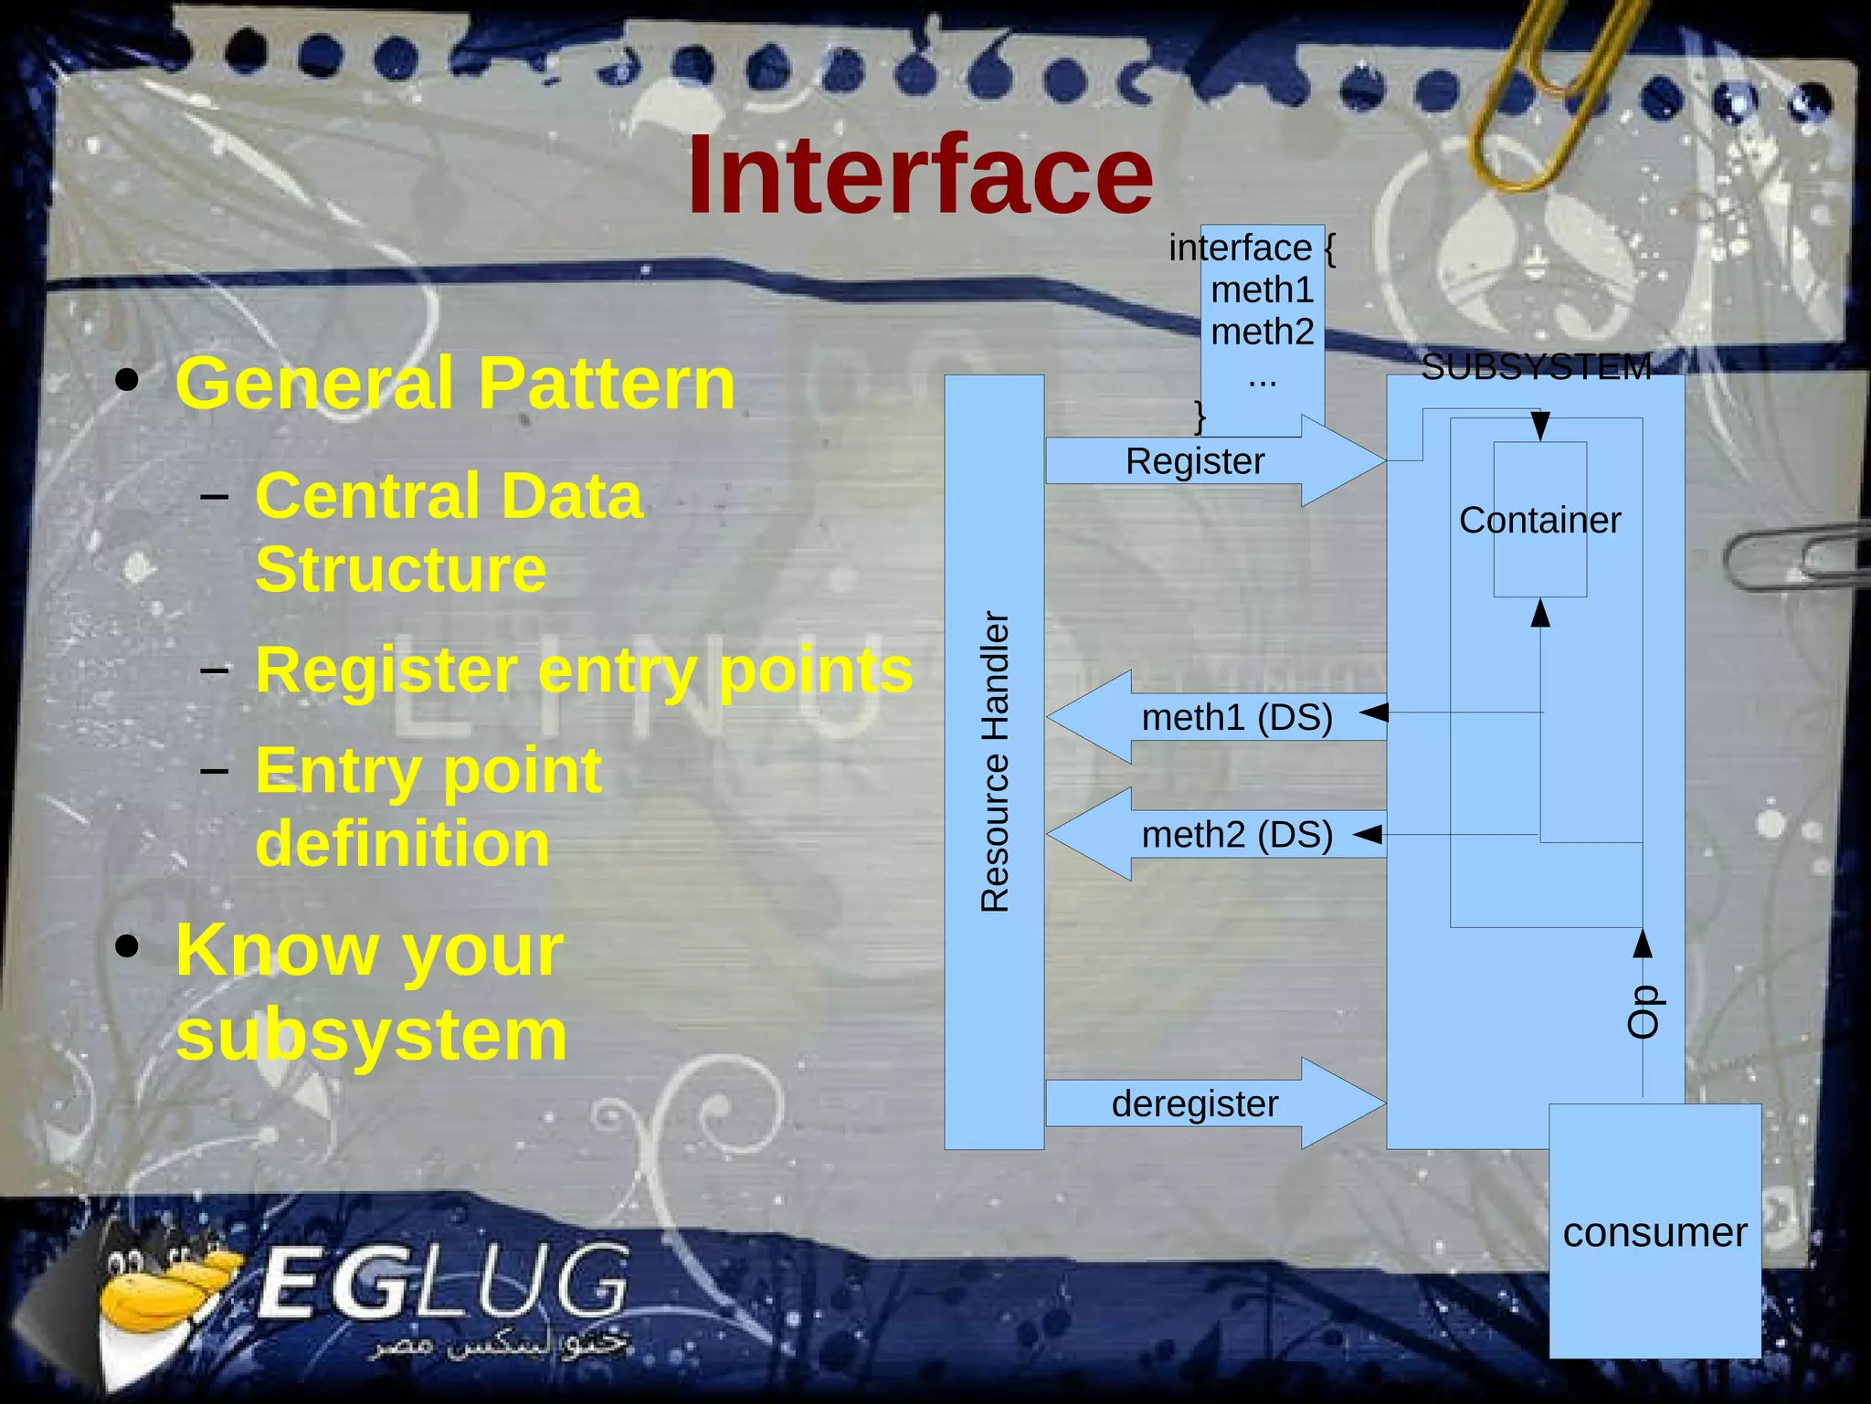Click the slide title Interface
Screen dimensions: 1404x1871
920,175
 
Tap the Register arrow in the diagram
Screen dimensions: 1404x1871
1197,461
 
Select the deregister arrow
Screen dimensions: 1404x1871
1197,1103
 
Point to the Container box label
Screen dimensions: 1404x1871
1539,520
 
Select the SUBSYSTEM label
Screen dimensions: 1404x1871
1536,367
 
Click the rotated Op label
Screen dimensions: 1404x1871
1643,1011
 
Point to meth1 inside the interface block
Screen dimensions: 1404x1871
1262,290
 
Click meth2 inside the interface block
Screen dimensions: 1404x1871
1262,332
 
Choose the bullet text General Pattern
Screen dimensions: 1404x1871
455,384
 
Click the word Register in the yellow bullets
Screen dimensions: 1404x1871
386,670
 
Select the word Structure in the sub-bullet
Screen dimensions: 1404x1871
400,569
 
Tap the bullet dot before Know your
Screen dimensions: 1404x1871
128,948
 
